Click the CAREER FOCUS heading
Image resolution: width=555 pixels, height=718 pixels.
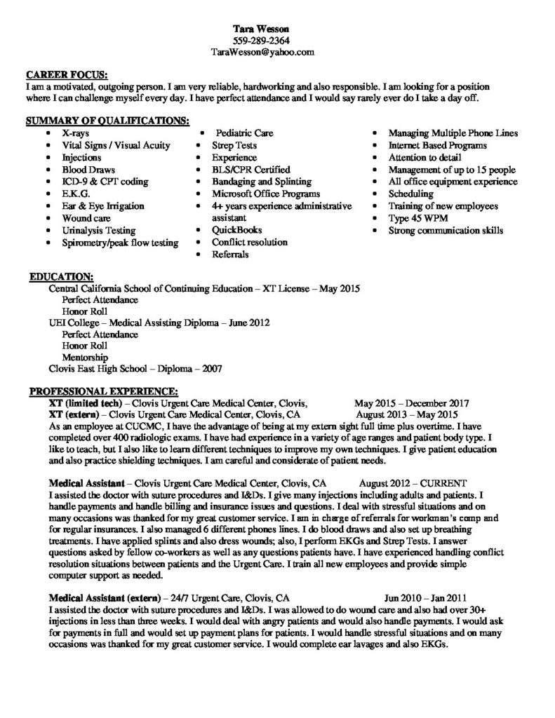[67, 74]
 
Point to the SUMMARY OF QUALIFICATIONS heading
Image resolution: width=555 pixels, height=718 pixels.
[107, 121]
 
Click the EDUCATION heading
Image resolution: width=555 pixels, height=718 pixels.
[61, 278]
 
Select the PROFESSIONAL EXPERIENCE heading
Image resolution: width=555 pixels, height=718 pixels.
[103, 391]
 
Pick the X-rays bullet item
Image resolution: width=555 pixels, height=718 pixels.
[75, 133]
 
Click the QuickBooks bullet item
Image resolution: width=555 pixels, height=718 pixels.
[236, 230]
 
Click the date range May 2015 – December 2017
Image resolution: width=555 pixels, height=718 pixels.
[412, 403]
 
